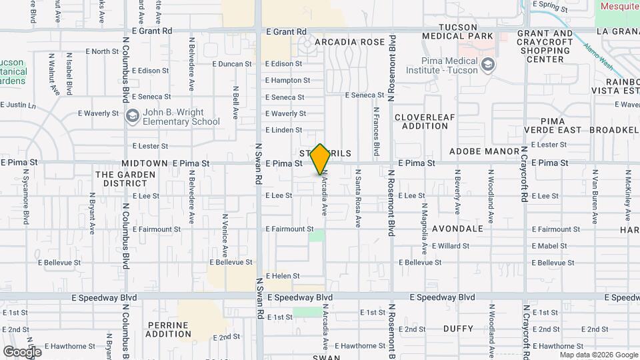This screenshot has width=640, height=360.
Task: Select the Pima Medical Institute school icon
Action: pos(489,65)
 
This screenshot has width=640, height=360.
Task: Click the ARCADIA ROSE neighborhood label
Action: pos(350,42)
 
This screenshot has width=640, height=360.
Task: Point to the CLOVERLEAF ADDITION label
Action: pos(425,121)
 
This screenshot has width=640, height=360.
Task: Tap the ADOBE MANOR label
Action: pos(483,152)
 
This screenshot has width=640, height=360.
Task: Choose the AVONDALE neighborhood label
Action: pos(457,229)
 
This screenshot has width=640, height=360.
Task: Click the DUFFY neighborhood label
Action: pos(458,329)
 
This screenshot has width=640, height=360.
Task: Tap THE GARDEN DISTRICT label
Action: pos(125,179)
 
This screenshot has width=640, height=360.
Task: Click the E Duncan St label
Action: pos(232,65)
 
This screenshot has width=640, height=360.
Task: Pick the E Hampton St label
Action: pos(287,80)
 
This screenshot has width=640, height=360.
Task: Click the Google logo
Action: pos(22,351)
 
